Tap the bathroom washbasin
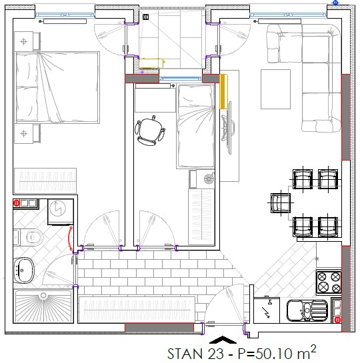click(x=23, y=270)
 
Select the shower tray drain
click(x=43, y=296)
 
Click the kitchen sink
click(x=307, y=310)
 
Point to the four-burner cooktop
click(x=329, y=282)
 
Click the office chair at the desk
click(x=150, y=131)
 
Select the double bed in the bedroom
click(x=57, y=87)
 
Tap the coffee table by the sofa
click(x=275, y=89)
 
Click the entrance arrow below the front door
click(x=223, y=340)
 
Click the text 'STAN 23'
click(x=195, y=354)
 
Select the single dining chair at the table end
click(x=281, y=203)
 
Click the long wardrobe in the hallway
click(x=137, y=310)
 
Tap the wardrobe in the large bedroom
click(x=45, y=181)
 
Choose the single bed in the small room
click(x=195, y=127)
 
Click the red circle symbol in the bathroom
click(x=17, y=204)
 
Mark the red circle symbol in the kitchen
click(x=338, y=320)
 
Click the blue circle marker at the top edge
click(x=335, y=3)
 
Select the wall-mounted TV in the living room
click(x=229, y=128)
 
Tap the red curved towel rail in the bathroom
click(x=70, y=238)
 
